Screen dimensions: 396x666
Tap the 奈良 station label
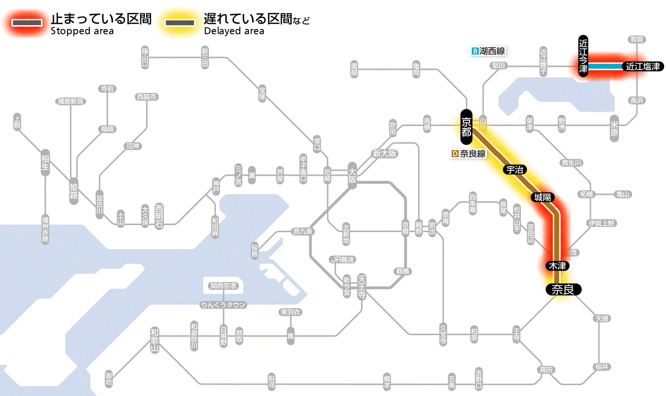563,289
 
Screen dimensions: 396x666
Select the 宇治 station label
515,170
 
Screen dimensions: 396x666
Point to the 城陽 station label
543,198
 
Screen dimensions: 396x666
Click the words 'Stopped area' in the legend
82,31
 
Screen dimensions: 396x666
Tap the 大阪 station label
352,175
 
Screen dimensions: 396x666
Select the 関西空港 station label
224,286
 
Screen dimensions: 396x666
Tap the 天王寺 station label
362,287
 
